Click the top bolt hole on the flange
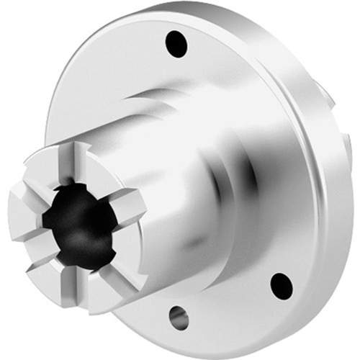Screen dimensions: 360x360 pyautogui.click(x=176, y=44)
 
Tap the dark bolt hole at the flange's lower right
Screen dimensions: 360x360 pyautogui.click(x=282, y=284)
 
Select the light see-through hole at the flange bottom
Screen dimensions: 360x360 pyautogui.click(x=178, y=316)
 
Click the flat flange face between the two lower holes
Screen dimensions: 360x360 pyautogui.click(x=230, y=302)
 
